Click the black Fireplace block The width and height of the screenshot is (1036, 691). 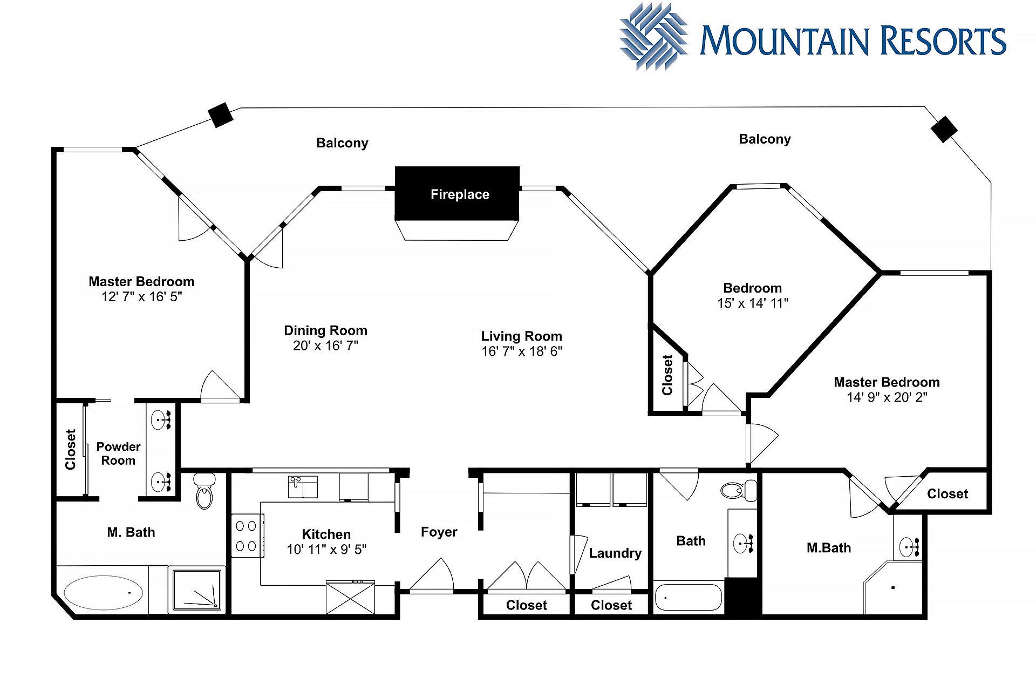click(x=457, y=193)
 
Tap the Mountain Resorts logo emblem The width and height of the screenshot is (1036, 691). click(x=653, y=37)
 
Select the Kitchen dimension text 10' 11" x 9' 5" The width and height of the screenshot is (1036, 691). click(x=326, y=550)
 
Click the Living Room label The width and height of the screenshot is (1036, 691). click(x=522, y=336)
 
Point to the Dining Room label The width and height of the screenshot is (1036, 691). click(x=325, y=330)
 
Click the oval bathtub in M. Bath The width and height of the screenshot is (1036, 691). click(x=103, y=592)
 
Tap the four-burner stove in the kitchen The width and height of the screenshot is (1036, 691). click(x=248, y=536)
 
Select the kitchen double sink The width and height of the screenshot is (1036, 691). click(x=303, y=487)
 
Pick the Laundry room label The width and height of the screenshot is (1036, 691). click(x=615, y=553)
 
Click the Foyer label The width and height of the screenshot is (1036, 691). click(x=439, y=532)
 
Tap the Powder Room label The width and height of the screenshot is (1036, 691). click(x=118, y=453)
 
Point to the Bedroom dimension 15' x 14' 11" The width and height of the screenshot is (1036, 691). click(x=753, y=303)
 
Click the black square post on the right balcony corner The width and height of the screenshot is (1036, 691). click(x=944, y=130)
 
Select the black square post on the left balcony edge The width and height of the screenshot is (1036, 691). click(x=221, y=115)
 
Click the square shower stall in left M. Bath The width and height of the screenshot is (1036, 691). click(x=196, y=590)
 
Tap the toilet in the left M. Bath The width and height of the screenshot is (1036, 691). click(x=205, y=491)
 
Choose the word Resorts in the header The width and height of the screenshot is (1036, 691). click(x=943, y=41)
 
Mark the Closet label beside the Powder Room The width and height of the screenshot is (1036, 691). click(x=71, y=449)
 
